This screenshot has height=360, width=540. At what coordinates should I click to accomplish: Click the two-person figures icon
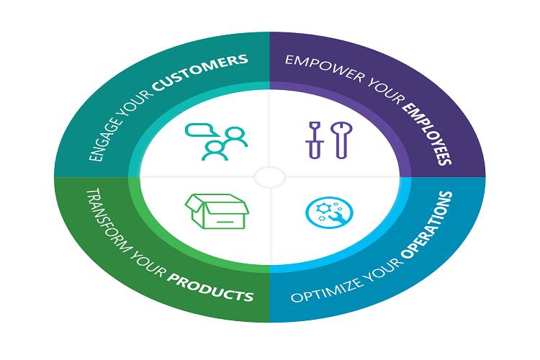coord(222,143)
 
